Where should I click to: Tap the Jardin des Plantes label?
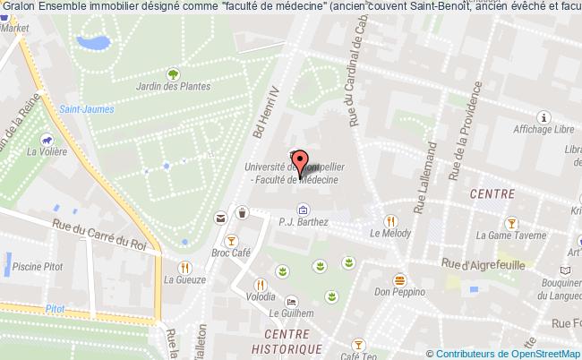pos(174,87)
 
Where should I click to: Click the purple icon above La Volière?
pos(45,139)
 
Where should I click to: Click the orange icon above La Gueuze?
pos(184,266)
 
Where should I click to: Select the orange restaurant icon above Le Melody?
pos(389,221)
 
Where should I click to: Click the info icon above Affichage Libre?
pos(542,116)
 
